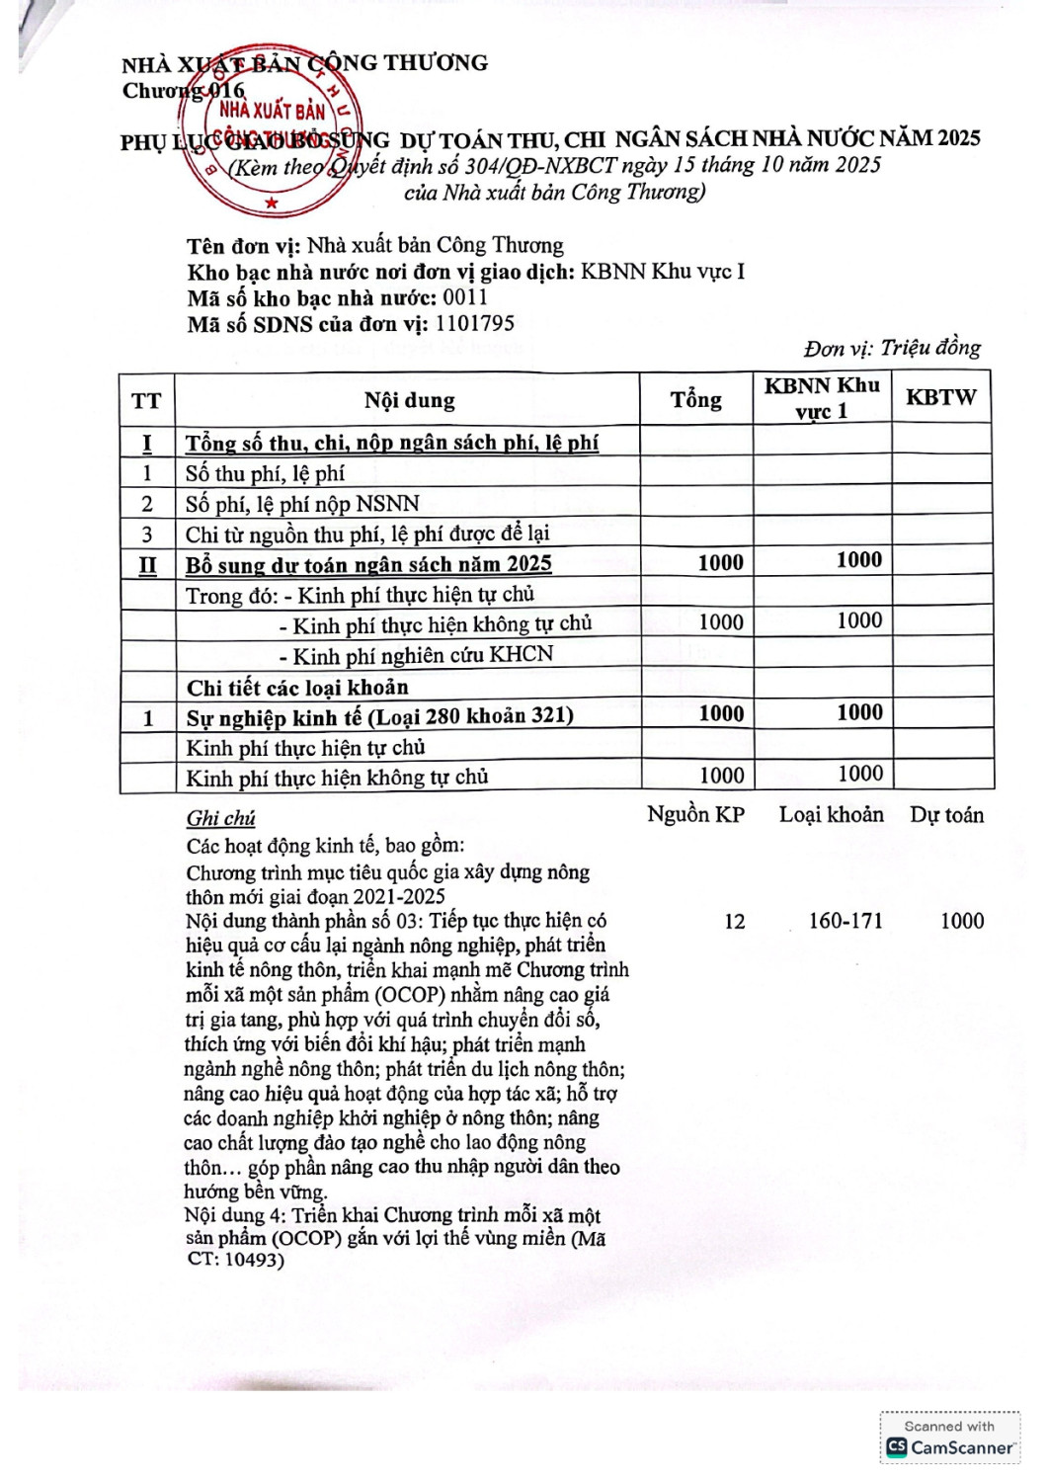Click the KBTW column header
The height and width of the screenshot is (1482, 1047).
[x=940, y=398]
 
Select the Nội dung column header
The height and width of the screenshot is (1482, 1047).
[x=409, y=400]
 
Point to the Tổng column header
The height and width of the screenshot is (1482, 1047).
[x=695, y=399]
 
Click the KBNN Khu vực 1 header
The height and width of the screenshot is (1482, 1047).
[x=822, y=398]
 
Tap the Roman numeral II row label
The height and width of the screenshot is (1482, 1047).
[x=147, y=565]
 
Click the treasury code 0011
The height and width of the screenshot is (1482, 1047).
[x=465, y=297]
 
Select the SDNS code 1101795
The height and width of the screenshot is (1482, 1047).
[x=474, y=323]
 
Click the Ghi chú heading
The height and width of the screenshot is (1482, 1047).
[x=220, y=818]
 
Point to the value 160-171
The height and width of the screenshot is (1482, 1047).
[x=845, y=921]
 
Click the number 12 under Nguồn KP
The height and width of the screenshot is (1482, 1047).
[x=734, y=922]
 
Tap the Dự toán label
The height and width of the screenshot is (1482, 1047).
[x=946, y=815]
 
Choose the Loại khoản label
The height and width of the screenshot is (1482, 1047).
[x=831, y=815]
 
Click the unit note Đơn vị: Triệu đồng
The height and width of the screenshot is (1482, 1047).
[x=892, y=348]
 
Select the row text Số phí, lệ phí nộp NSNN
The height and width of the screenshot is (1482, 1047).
[x=302, y=504]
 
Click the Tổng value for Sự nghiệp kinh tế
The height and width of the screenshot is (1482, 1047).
[x=720, y=713]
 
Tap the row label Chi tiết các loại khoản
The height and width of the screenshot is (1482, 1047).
[x=297, y=687]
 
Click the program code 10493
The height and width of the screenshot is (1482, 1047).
[x=253, y=1260]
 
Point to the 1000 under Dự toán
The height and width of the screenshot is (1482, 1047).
[x=961, y=921]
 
